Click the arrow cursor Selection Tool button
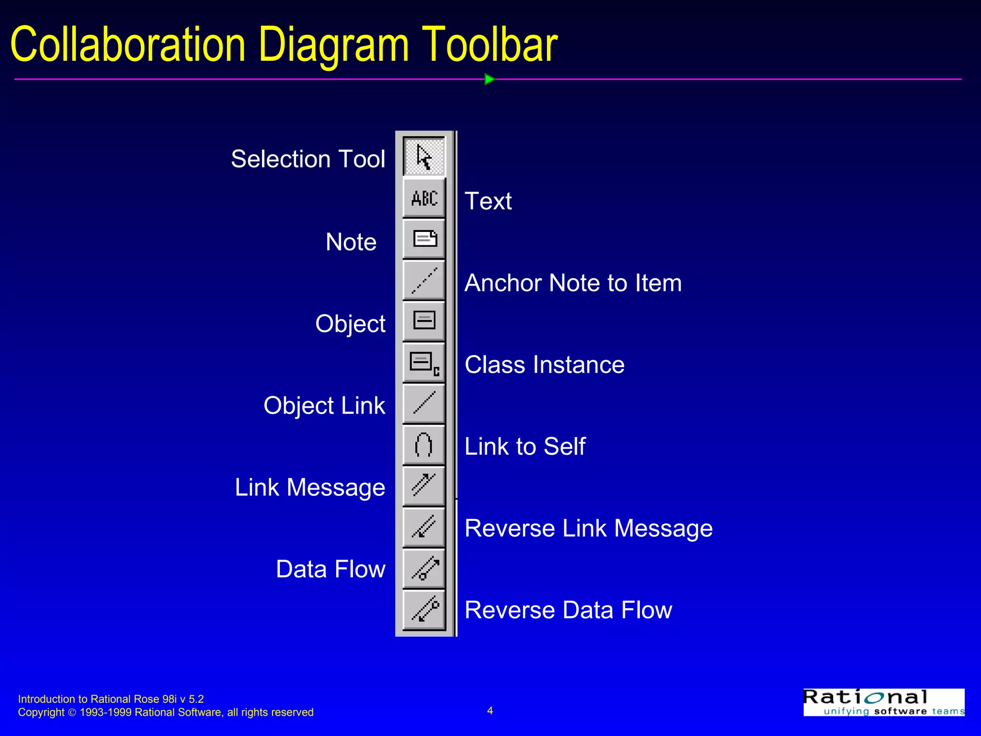click(x=424, y=157)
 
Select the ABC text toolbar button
click(x=424, y=198)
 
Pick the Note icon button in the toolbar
click(x=424, y=239)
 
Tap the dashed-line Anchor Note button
click(x=424, y=280)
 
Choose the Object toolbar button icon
click(x=424, y=321)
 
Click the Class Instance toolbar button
click(x=424, y=362)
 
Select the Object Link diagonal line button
click(x=424, y=403)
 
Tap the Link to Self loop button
click(x=424, y=444)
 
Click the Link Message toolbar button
click(x=424, y=485)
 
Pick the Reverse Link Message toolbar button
click(x=424, y=526)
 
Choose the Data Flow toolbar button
click(x=424, y=568)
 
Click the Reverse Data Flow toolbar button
click(x=424, y=609)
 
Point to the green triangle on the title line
click(x=489, y=79)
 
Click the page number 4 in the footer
click(x=490, y=710)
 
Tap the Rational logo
click(x=884, y=702)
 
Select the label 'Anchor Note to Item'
click(x=573, y=283)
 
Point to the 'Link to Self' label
click(x=525, y=447)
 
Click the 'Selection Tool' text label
click(x=308, y=159)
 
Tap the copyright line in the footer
click(x=166, y=713)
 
